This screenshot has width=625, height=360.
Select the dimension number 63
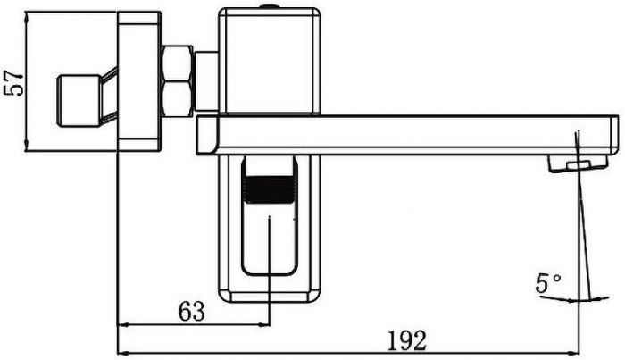point(191,312)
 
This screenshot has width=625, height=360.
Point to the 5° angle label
point(548,284)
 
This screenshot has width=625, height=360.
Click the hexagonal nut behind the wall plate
point(179,80)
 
